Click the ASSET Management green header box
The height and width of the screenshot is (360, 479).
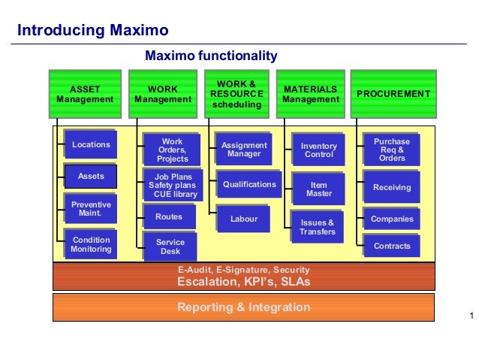tap(85, 94)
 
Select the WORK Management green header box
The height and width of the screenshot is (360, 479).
tap(163, 94)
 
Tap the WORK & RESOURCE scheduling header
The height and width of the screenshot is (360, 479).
tap(236, 94)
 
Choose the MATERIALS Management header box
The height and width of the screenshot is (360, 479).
tap(310, 94)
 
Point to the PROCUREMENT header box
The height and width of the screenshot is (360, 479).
tap(393, 94)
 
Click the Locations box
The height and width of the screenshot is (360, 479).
tap(91, 144)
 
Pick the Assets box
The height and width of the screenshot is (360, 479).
tap(91, 177)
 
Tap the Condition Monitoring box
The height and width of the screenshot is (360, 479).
tap(91, 245)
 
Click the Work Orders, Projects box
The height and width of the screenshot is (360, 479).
tap(173, 150)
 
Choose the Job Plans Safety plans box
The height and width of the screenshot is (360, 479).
tap(173, 186)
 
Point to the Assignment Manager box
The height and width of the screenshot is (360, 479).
tap(244, 150)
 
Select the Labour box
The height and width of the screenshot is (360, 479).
tap(244, 219)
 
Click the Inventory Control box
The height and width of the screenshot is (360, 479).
tap(319, 150)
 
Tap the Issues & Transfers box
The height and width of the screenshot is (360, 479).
tap(318, 227)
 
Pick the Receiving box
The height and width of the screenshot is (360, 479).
tap(392, 187)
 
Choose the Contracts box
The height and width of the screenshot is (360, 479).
tap(392, 246)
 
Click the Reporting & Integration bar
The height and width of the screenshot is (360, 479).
tap(243, 307)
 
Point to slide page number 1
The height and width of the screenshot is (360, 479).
tap(471, 315)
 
